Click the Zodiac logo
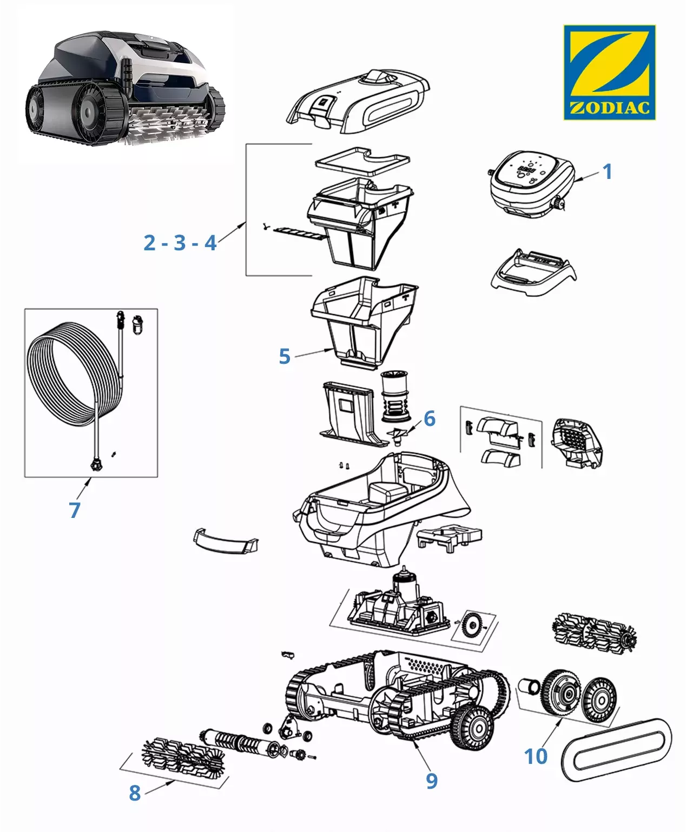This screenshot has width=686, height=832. (x=609, y=72)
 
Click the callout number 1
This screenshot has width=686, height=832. (x=608, y=172)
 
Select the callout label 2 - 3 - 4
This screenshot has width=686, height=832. (x=180, y=243)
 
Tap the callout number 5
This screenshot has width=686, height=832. (x=285, y=357)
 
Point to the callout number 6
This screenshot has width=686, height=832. (x=430, y=418)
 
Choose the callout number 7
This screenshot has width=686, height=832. (x=75, y=510)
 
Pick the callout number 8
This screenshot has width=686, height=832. (x=135, y=793)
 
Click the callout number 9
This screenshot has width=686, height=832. (x=431, y=781)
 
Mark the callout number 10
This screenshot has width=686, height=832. (x=536, y=756)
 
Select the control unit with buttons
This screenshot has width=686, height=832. (x=531, y=182)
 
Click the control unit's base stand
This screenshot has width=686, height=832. (x=533, y=271)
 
